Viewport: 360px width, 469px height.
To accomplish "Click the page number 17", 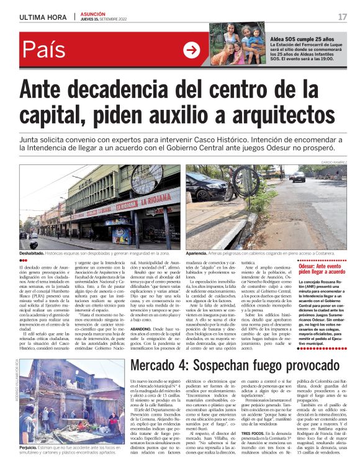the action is [x=343, y=17].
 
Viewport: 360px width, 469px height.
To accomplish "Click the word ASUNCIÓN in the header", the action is [x=93, y=14].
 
